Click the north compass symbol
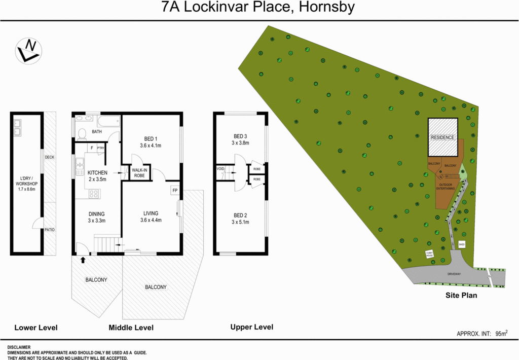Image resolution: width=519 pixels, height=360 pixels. click(28, 51)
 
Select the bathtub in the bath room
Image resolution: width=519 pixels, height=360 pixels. click(108, 122)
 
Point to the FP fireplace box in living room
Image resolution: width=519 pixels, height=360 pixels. click(175, 191)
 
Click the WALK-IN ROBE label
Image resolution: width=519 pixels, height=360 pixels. click(139, 172)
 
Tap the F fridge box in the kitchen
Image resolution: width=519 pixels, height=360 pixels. click(91, 148)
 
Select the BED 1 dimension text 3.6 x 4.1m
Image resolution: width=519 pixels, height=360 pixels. click(150, 146)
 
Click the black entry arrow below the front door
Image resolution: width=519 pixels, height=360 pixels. click(83, 261)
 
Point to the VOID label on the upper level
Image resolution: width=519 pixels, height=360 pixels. click(220, 169)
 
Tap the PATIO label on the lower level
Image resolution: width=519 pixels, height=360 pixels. click(49, 230)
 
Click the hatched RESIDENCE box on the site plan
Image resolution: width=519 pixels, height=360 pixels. click(442, 137)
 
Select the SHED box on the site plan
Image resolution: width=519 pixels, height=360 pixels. click(461, 244)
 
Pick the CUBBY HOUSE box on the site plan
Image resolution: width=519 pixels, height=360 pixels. click(429, 255)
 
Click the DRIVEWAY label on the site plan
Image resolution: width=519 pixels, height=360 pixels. click(454, 274)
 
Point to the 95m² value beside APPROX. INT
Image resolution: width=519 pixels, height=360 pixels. click(501, 333)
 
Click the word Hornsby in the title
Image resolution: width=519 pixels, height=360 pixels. click(324, 8)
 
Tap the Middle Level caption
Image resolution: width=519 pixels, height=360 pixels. click(131, 328)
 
